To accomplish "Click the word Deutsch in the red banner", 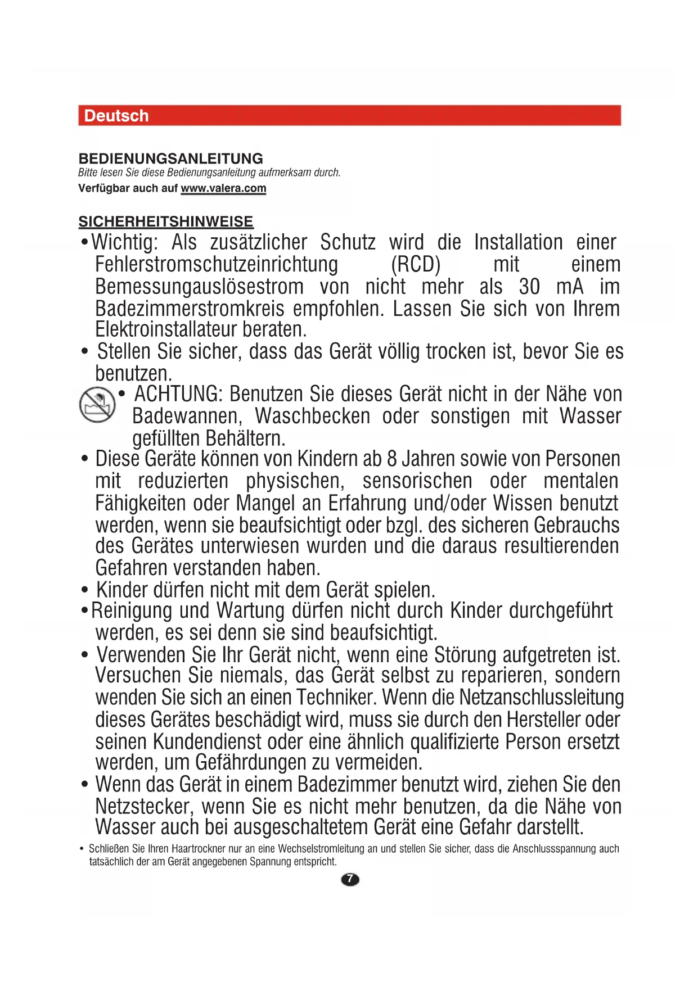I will [116, 116].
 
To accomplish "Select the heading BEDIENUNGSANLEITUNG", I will [171, 159].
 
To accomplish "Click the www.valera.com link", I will [223, 188].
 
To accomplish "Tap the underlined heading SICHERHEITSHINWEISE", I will [166, 221].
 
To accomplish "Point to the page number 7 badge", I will [350, 879].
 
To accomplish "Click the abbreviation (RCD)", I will [416, 265].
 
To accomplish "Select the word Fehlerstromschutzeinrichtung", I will [217, 265].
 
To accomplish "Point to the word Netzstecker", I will [144, 807].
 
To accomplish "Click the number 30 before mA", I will [529, 287].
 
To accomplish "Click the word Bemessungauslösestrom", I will [199, 287].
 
